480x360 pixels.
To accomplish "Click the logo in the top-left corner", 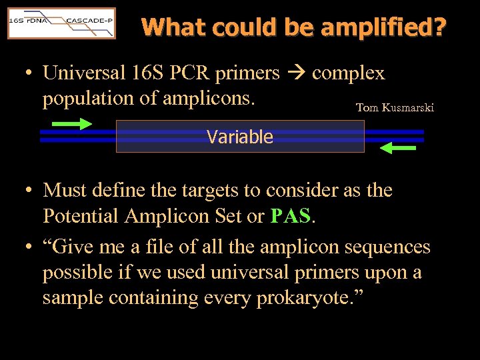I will pos(61,23).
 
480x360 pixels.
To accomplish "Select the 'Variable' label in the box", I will pos(240,137).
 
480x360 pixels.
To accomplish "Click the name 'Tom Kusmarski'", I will pos(395,107).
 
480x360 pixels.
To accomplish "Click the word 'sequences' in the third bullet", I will pos(387,247).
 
